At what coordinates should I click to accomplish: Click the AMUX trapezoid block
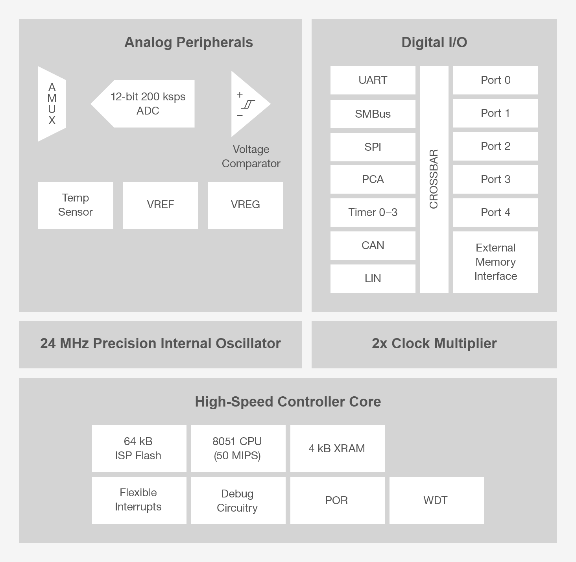[52, 104]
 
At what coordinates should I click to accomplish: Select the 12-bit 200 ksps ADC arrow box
[148, 104]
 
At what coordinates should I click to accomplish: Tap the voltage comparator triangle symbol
[248, 104]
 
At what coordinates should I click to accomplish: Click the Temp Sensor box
[76, 205]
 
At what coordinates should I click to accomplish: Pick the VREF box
[161, 205]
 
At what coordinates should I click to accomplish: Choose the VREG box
[246, 205]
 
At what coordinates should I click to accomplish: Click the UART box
[373, 80]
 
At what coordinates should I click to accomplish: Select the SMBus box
[373, 114]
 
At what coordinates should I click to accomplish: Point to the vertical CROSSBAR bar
[434, 179]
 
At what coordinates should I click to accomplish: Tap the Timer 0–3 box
[373, 213]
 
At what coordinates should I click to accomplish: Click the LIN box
[373, 279]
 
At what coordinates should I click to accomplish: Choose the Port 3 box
[495, 179]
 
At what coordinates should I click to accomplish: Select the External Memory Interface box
[495, 262]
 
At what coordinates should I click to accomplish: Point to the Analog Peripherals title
[188, 43]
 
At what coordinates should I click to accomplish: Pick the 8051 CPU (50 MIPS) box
[238, 449]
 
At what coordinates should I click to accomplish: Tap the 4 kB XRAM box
[337, 449]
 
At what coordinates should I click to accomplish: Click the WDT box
[436, 501]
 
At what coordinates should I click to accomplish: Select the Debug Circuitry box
[238, 501]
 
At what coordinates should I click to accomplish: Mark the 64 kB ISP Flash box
[139, 449]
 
